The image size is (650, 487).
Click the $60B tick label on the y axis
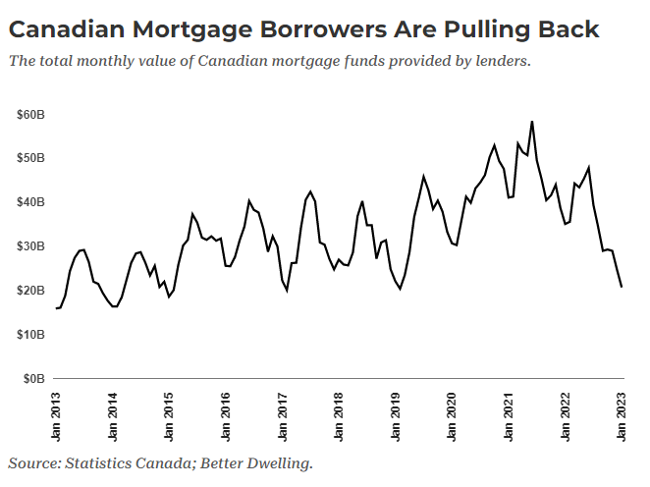pyautogui.click(x=30, y=115)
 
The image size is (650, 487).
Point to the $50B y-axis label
pyautogui.click(x=30, y=158)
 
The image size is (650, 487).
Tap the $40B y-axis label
pyautogui.click(x=30, y=202)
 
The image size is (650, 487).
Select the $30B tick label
pyautogui.click(x=30, y=246)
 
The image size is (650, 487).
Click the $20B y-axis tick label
pyautogui.click(x=30, y=291)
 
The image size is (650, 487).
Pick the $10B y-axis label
pyautogui.click(x=30, y=334)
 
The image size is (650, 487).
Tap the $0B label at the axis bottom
pyautogui.click(x=33, y=378)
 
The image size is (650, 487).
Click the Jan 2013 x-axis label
pyautogui.click(x=57, y=414)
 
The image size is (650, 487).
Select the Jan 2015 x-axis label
pyautogui.click(x=169, y=414)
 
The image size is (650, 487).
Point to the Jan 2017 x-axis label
pyautogui.click(x=283, y=414)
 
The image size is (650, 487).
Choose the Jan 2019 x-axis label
pyautogui.click(x=396, y=414)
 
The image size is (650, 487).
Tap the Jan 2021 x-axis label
pyautogui.click(x=509, y=414)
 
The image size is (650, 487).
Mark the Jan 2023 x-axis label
pyautogui.click(x=622, y=414)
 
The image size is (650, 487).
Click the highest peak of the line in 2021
pyautogui.click(x=531, y=122)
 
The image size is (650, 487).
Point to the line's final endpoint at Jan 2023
pyautogui.click(x=622, y=287)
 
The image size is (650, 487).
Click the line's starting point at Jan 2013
pyautogui.click(x=57, y=308)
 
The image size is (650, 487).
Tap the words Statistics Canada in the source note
pyautogui.click(x=128, y=461)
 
